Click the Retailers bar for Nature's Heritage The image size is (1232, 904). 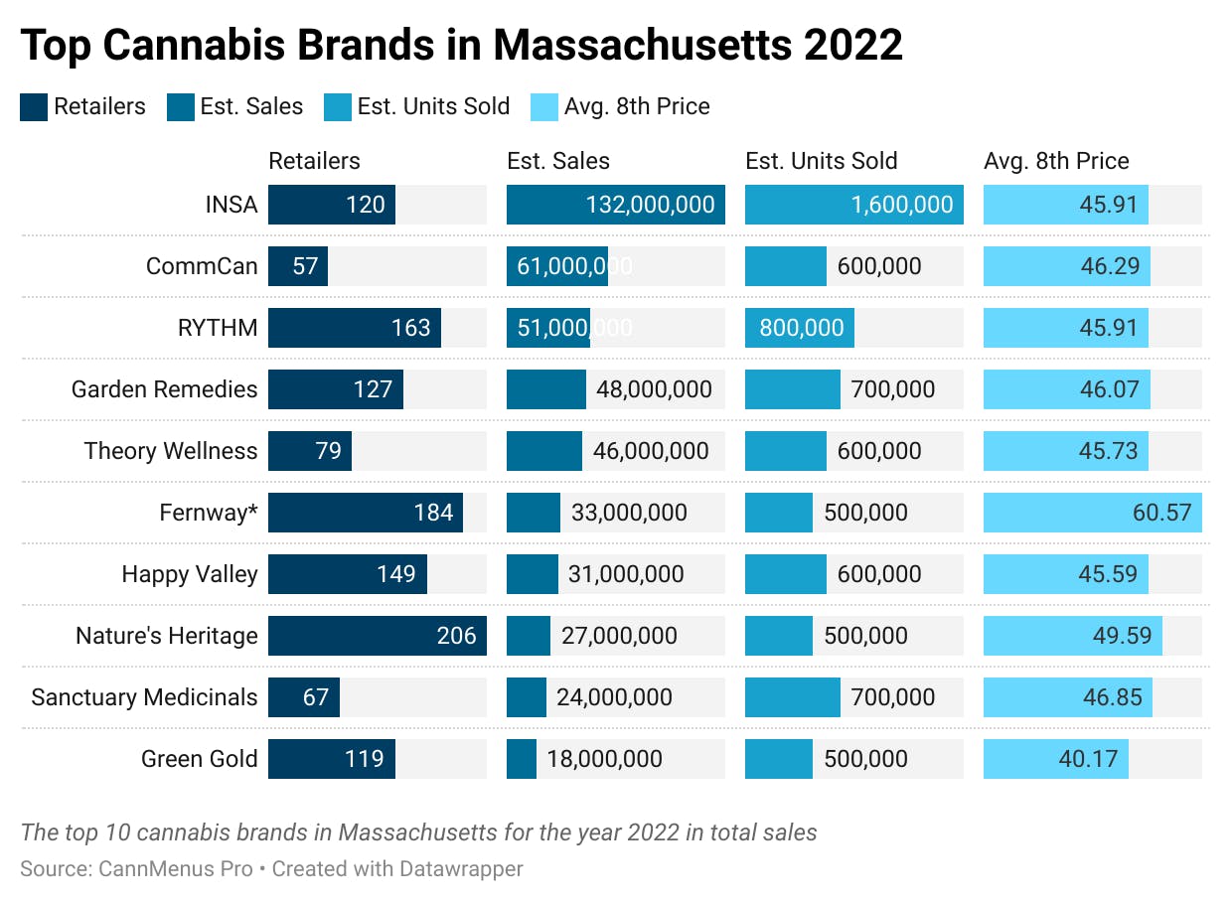point(377,636)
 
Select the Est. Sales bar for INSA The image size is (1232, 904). point(615,205)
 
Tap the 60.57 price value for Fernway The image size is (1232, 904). point(1161,513)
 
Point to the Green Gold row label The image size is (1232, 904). point(199,759)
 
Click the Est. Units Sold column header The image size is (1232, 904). point(821,161)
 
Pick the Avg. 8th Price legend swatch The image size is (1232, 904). point(544,107)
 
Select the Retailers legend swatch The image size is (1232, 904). point(34,107)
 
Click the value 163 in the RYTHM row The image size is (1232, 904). point(411,328)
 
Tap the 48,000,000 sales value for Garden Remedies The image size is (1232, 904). point(654,389)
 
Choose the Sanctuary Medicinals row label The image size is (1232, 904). point(144,697)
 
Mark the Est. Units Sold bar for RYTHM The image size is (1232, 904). point(799,328)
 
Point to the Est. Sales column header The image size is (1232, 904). point(558,161)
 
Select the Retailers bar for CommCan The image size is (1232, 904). point(297,266)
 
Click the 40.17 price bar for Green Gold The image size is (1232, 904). point(1055,759)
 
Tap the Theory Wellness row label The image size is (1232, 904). point(170,451)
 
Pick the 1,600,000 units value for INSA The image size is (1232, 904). point(901,205)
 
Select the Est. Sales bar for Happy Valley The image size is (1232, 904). point(532,574)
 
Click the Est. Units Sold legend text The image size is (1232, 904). point(433,107)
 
